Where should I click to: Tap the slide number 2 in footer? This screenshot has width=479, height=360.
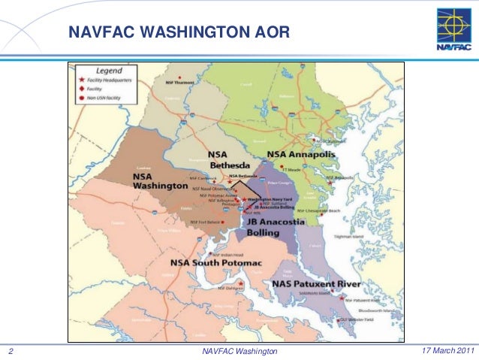[11, 351]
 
